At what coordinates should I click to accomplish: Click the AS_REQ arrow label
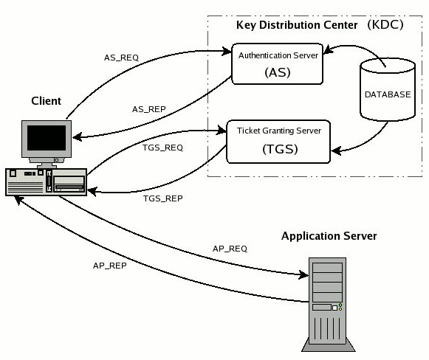coord(121,58)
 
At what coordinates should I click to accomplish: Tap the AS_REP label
coord(149,109)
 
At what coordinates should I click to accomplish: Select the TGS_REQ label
coord(162,148)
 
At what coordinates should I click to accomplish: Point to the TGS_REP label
coord(162,198)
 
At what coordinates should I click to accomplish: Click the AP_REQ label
coord(230,249)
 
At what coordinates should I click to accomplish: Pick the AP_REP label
coord(110,266)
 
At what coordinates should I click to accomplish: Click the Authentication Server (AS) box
coord(277,63)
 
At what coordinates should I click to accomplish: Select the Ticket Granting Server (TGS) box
coord(278,142)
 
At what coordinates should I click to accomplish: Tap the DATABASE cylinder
coord(388,89)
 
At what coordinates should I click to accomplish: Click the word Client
coord(46,101)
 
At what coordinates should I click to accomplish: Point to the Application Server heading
coord(329,236)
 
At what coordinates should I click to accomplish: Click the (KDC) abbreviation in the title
coord(385,24)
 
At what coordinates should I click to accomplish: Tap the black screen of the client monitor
coord(47,137)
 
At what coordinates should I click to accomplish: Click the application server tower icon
coord(328,304)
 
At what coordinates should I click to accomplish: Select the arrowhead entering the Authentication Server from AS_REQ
coord(227,51)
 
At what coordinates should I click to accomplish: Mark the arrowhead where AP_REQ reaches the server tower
coord(304,274)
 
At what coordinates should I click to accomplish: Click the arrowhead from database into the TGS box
coord(336,150)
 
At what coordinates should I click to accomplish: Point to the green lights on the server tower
coord(340,307)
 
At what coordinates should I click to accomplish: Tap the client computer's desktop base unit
coord(46,182)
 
